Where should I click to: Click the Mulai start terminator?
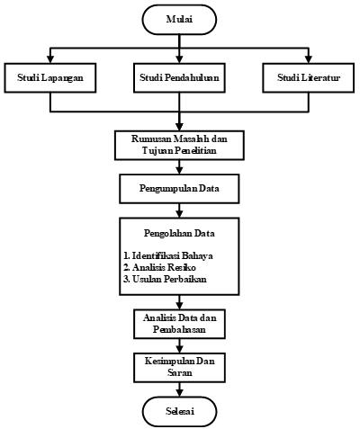(179, 20)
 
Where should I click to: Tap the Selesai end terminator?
(179, 411)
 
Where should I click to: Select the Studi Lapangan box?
(50, 77)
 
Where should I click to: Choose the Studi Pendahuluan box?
(179, 77)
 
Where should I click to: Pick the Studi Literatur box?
(309, 77)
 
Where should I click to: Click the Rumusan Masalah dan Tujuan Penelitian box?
(179, 145)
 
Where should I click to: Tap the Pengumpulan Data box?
(179, 189)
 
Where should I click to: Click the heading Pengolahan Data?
(179, 233)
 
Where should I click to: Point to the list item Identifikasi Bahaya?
(168, 255)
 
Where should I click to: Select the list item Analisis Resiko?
(159, 267)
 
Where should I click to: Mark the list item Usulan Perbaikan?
(165, 279)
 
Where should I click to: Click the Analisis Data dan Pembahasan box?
(179, 324)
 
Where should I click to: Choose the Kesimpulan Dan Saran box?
(179, 367)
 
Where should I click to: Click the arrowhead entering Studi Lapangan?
(50, 59)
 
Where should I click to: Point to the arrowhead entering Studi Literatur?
(309, 59)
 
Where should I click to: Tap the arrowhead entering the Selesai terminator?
(179, 393)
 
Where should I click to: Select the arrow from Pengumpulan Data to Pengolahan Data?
(179, 210)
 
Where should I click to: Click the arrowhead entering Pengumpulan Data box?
(179, 171)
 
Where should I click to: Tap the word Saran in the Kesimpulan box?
(179, 372)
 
